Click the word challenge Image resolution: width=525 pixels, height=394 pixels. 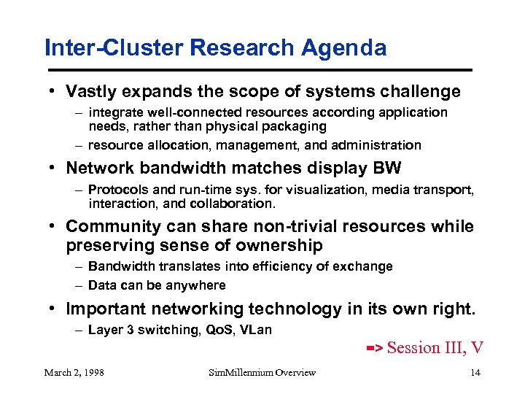click(x=423, y=92)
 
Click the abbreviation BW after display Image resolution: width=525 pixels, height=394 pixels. click(x=386, y=169)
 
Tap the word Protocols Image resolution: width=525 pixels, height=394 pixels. click(x=115, y=190)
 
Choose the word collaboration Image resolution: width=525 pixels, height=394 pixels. click(x=237, y=204)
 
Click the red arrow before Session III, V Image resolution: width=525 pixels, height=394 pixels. click(x=374, y=349)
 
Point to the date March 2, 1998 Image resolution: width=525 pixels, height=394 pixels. click(x=74, y=373)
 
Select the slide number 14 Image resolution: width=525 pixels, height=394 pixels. click(x=475, y=373)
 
